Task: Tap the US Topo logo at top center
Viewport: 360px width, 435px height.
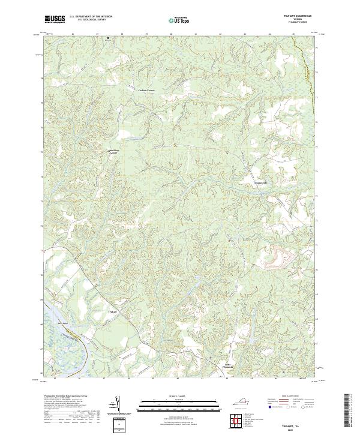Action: pos(180,20)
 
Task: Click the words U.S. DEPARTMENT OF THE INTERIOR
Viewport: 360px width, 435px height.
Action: pos(91,16)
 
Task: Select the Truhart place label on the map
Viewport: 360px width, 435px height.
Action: pos(112,312)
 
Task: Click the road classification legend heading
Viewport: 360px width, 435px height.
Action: pos(286,397)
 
